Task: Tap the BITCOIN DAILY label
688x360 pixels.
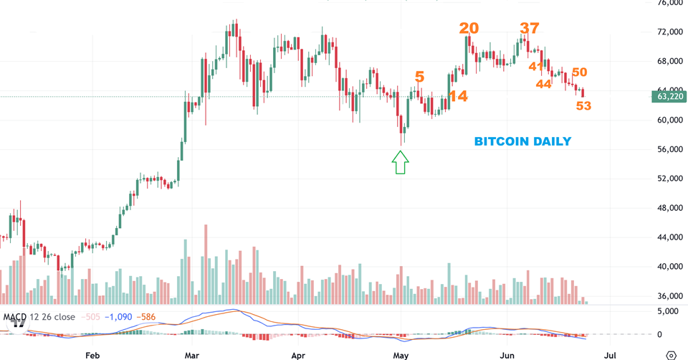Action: [x=523, y=141]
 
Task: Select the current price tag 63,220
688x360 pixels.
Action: [x=668, y=96]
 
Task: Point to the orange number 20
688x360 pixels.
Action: [x=469, y=29]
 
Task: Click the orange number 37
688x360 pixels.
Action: [x=530, y=29]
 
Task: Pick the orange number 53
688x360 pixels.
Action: [x=583, y=106]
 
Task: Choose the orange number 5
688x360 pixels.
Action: [x=419, y=76]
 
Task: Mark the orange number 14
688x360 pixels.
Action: [x=458, y=96]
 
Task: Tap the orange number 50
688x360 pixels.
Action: [x=580, y=72]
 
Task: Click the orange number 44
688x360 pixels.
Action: [x=543, y=84]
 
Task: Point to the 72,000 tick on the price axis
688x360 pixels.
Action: [x=669, y=32]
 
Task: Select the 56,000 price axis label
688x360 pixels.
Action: [x=669, y=149]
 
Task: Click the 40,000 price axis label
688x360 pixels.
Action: [x=669, y=266]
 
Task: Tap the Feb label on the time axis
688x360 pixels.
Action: [x=92, y=354]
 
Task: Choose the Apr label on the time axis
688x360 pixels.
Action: [x=300, y=354]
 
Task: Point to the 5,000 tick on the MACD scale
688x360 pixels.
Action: [x=668, y=311]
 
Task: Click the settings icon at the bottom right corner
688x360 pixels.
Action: [x=672, y=354]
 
